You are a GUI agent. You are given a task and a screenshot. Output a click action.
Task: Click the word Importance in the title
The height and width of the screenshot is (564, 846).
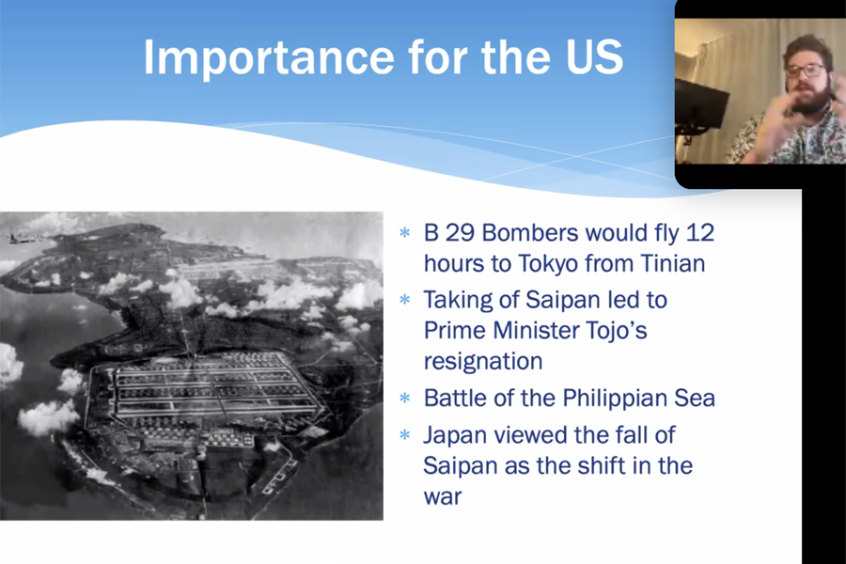pyautogui.click(x=269, y=57)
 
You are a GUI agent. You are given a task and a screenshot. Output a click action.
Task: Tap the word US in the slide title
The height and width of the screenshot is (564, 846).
pyautogui.click(x=595, y=56)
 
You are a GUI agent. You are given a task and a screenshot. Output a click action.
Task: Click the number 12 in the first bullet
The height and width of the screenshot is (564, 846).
pyautogui.click(x=700, y=232)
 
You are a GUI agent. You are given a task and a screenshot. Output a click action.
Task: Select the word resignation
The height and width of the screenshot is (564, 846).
pyautogui.click(x=483, y=362)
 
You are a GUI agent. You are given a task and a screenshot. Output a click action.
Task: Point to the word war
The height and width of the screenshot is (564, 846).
pyautogui.click(x=443, y=497)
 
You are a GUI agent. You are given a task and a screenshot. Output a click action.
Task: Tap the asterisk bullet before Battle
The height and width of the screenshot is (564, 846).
pyautogui.click(x=404, y=399)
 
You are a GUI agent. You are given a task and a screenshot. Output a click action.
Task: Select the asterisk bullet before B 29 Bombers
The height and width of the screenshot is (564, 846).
pyautogui.click(x=404, y=233)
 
